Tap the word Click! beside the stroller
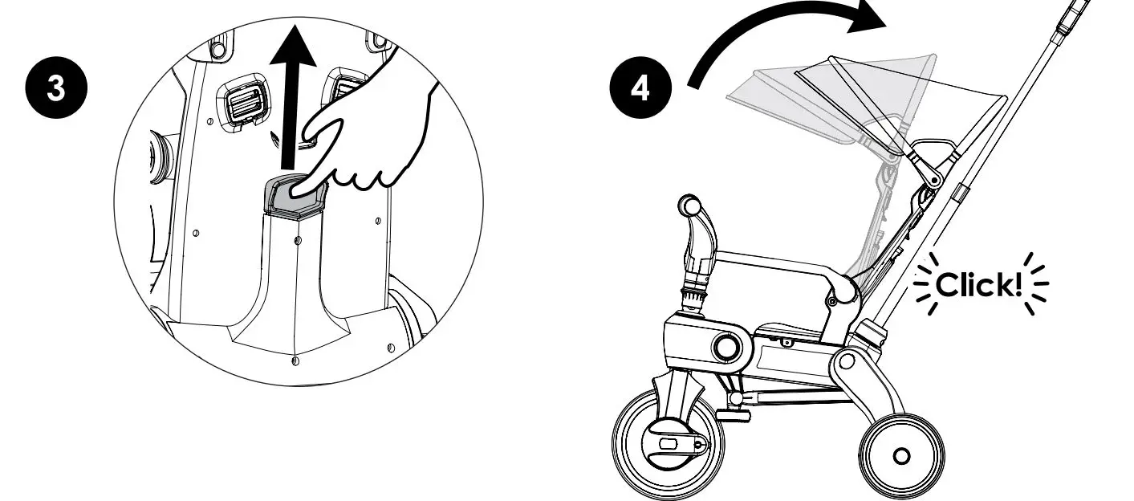(982, 285)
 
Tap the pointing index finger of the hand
(321, 161)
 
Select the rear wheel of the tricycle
(901, 455)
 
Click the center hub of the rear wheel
(901, 456)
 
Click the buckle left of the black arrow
(246, 103)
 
